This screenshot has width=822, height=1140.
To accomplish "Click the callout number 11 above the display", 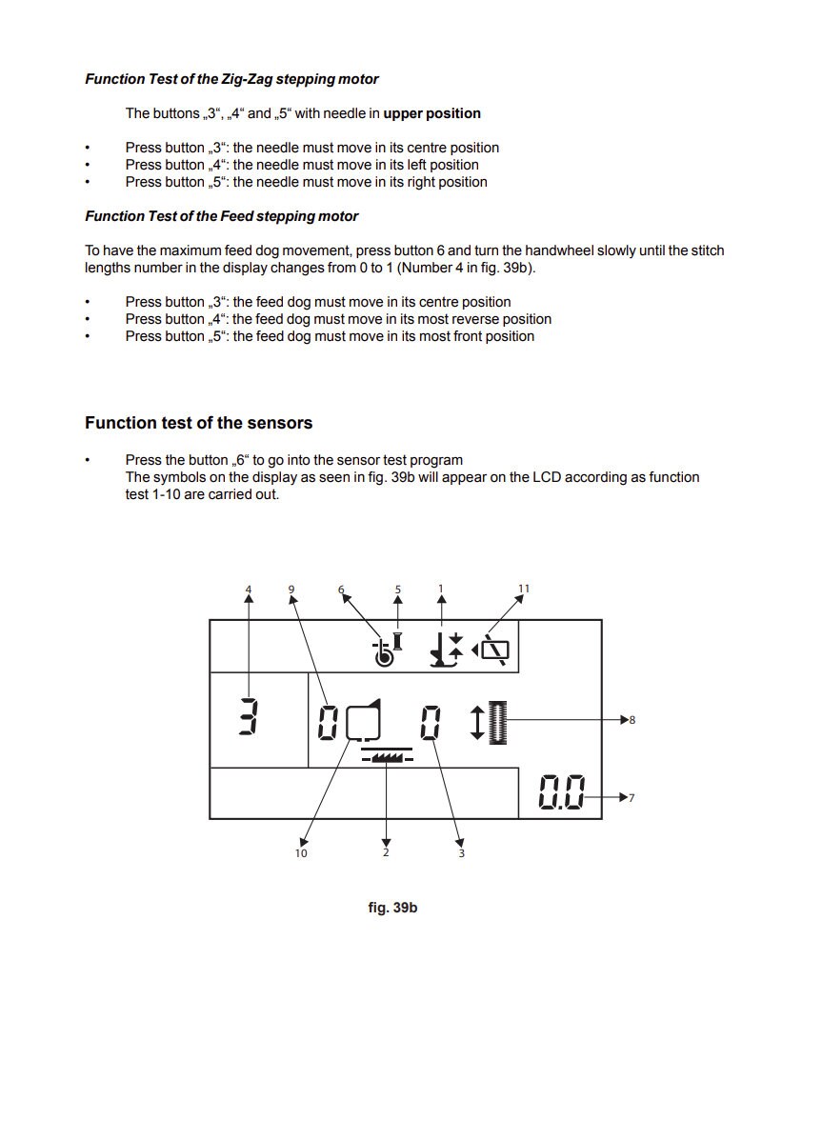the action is click(x=524, y=589).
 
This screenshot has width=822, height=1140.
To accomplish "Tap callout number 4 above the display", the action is click(x=249, y=589).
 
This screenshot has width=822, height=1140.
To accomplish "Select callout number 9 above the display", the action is click(x=291, y=589).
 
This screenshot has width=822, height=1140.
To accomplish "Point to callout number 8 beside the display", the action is click(x=632, y=720).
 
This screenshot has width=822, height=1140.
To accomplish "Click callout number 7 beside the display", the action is click(x=632, y=797).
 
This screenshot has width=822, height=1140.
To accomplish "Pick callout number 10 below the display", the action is click(x=301, y=852).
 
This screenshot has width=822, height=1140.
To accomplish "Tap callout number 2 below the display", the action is click(x=387, y=852).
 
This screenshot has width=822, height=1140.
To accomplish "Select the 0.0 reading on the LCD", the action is click(x=562, y=792).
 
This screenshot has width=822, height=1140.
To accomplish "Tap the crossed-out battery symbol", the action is click(x=491, y=649).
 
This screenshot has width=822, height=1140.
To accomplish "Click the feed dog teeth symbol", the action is click(x=387, y=755).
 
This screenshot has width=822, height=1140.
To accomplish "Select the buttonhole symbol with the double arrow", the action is click(x=489, y=722).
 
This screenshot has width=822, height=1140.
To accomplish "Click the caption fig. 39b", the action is click(x=392, y=908).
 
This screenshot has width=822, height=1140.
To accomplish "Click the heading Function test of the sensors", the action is click(x=198, y=423).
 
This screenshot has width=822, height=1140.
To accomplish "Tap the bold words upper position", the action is click(x=432, y=113).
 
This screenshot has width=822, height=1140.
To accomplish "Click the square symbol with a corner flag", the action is click(x=364, y=720).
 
